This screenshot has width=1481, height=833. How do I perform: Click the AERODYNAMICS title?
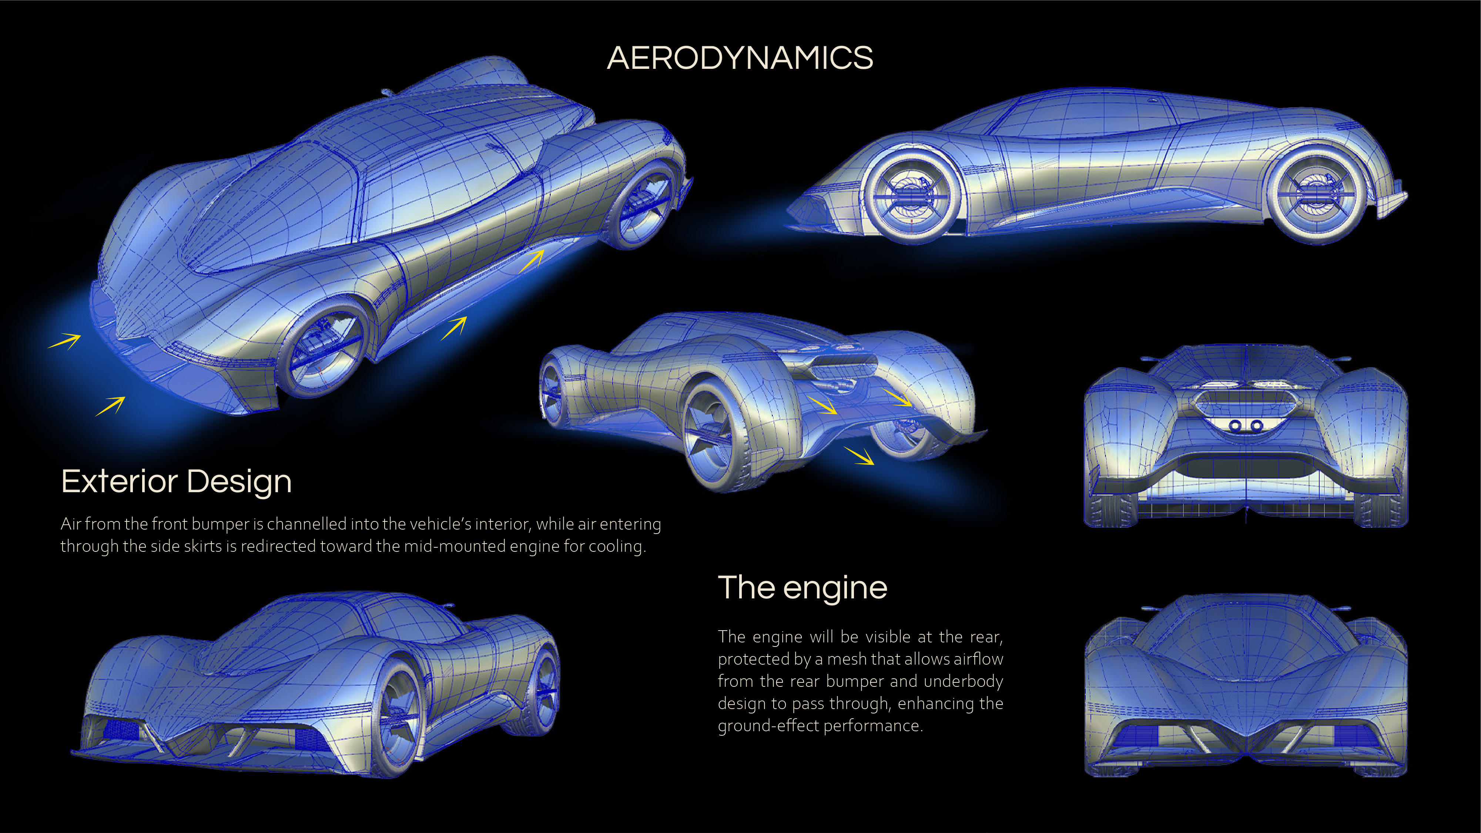coord(740,58)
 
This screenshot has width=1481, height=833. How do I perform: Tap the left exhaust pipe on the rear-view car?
coord(1234,426)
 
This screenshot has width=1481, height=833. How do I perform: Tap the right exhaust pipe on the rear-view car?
coord(1257,426)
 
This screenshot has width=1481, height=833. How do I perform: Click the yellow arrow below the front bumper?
coord(110,406)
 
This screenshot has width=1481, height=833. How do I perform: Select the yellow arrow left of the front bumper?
coord(64,342)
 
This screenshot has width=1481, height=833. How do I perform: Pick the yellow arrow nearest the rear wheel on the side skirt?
coord(532,261)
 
